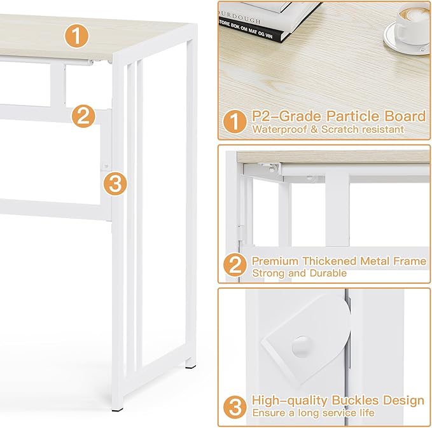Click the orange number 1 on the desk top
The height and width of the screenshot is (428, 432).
[76, 37]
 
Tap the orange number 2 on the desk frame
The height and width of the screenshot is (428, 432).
[83, 116]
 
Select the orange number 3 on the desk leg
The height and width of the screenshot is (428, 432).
[114, 184]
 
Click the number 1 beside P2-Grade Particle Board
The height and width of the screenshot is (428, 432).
[234, 121]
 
